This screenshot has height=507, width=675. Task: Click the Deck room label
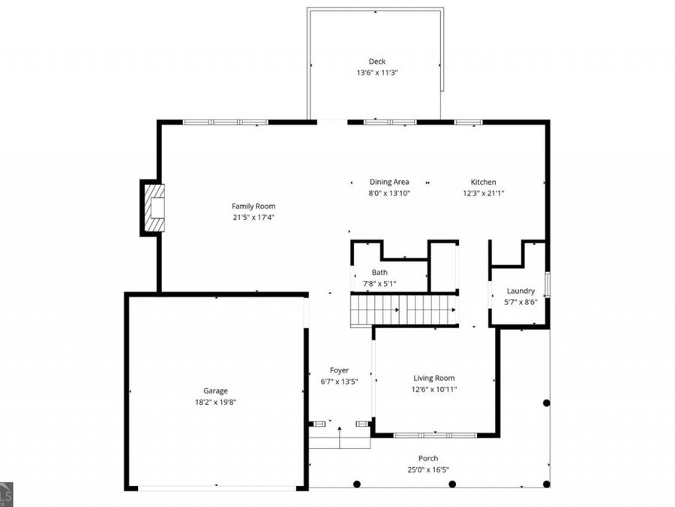(x=376, y=62)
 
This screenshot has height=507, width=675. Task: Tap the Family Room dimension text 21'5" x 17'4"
(x=253, y=218)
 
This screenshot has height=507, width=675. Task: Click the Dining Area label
(x=388, y=182)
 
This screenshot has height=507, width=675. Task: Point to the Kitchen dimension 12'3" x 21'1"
(x=483, y=193)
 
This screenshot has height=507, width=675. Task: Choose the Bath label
(x=379, y=272)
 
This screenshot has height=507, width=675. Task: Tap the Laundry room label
(x=520, y=291)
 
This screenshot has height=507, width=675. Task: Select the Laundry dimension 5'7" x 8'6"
(x=520, y=302)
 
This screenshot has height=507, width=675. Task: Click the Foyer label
(x=339, y=370)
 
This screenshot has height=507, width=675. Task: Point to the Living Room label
(x=433, y=378)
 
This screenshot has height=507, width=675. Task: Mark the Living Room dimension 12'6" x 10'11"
(x=434, y=389)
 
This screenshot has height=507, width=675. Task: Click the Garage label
(x=215, y=391)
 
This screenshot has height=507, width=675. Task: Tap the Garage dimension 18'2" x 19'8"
(x=215, y=402)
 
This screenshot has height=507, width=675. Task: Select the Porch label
(x=428, y=458)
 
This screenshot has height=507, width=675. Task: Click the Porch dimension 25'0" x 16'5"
(x=428, y=469)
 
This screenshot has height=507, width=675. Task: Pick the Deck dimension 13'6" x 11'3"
(x=376, y=73)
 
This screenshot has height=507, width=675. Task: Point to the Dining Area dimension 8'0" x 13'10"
(x=388, y=193)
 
